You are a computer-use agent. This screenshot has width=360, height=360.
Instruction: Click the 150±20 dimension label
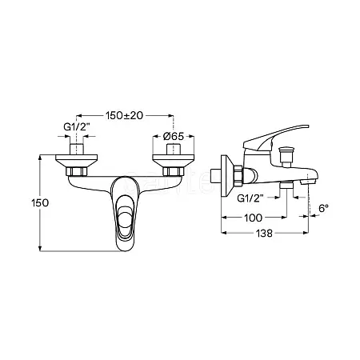tap(124, 115)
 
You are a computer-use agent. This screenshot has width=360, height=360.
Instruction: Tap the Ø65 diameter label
tap(174, 137)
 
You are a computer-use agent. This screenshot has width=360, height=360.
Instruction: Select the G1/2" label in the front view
tap(76, 127)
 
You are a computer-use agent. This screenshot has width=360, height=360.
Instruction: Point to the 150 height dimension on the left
tap(40, 203)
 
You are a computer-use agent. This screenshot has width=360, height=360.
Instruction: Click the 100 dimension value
tap(253, 218)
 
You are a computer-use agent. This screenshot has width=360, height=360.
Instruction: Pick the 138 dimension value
tap(264, 234)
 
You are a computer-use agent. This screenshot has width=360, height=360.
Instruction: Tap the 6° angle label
tap(323, 208)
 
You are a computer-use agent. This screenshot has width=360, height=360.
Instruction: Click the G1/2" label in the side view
tap(250, 198)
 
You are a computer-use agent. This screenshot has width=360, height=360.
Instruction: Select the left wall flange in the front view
tap(77, 162)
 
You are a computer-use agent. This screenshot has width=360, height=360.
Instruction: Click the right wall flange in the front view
tap(174, 162)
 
